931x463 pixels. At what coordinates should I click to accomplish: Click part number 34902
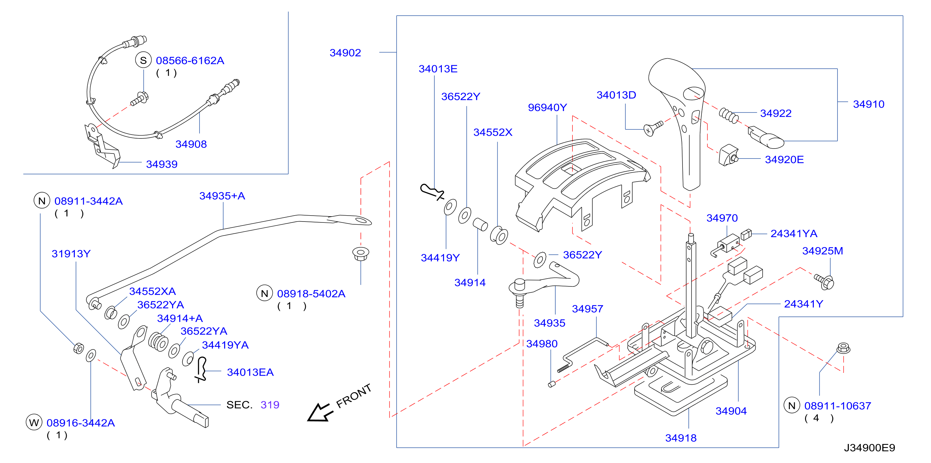pos(345,53)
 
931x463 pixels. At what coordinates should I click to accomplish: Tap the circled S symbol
pos(143,61)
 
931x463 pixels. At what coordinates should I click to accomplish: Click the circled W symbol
pos(34,422)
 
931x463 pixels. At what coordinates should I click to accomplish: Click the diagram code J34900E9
pos(869,448)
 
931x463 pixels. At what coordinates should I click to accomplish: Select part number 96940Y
pos(547,107)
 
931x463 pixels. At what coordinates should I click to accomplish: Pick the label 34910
pos(868,104)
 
